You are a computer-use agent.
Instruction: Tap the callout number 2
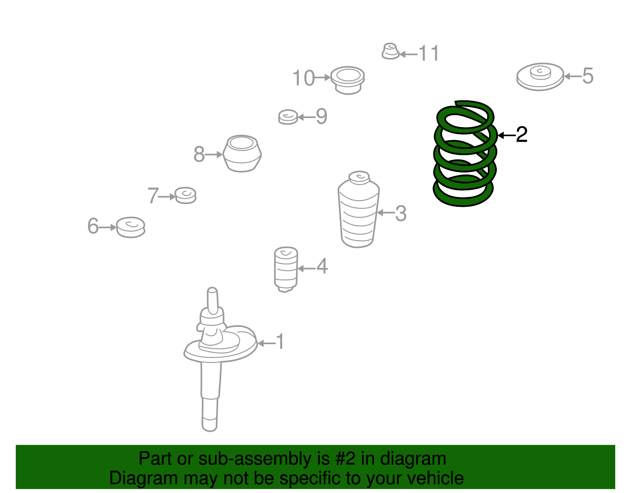[521, 135]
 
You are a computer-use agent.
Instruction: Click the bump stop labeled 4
[286, 268]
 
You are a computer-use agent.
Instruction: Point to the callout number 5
[588, 76]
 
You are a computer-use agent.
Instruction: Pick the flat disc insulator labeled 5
[540, 77]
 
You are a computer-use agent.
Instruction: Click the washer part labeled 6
[131, 227]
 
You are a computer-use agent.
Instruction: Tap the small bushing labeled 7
[185, 195]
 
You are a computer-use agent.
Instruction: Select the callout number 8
[199, 154]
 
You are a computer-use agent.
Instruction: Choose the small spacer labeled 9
[288, 117]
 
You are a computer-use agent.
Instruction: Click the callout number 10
[304, 78]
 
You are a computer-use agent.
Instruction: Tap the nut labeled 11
[390, 52]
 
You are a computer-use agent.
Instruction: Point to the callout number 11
[429, 53]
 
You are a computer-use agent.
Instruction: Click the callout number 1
[280, 341]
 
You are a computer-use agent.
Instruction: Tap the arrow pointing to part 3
[386, 213]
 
